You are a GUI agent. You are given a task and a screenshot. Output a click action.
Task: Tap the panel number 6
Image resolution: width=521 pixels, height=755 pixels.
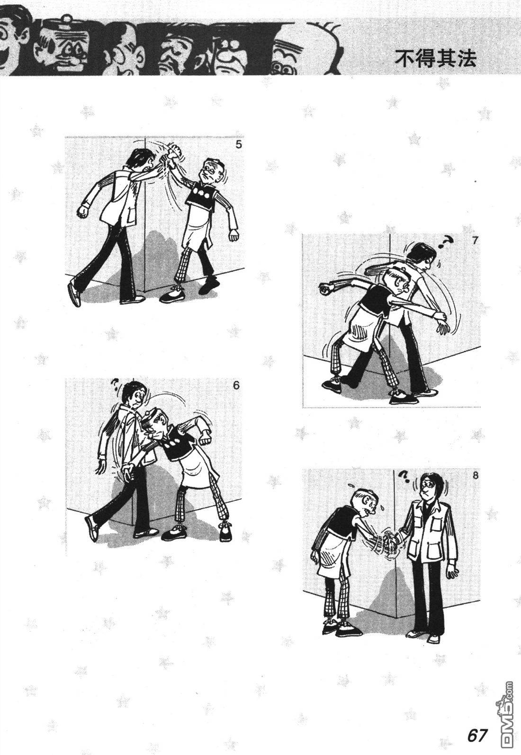tap(236, 385)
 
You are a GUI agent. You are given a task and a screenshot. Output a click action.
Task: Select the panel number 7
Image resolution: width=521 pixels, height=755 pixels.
tap(476, 240)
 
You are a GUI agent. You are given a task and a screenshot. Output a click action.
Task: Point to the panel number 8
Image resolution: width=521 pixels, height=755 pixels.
tap(476, 476)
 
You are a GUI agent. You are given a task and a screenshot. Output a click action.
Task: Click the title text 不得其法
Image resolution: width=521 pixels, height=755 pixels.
tap(435, 59)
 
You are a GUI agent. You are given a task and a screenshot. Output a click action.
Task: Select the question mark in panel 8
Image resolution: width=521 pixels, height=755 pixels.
tap(404, 476)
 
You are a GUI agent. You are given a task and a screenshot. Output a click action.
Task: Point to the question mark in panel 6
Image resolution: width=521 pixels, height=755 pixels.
tap(115, 383)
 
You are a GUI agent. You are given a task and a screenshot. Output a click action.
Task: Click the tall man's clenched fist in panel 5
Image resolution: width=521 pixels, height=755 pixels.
tap(82, 212)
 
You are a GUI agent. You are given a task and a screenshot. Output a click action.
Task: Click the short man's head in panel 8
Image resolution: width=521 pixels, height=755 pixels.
tap(366, 502)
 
